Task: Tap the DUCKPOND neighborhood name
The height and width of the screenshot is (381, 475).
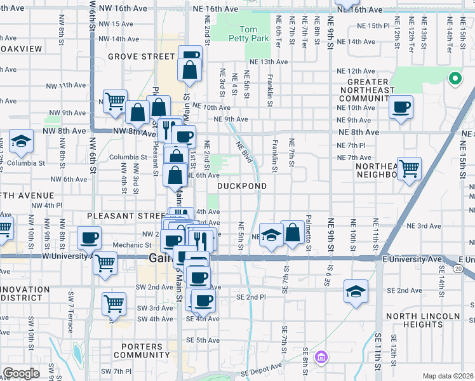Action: click(x=241, y=186)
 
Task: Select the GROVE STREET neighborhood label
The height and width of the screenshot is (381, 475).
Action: click(x=140, y=57)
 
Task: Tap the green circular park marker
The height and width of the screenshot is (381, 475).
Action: click(x=455, y=79)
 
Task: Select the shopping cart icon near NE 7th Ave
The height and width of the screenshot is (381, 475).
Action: click(x=409, y=168)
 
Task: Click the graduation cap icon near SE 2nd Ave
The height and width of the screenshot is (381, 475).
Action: click(x=356, y=290)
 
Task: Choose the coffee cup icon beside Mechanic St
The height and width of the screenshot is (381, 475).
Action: click(x=88, y=237)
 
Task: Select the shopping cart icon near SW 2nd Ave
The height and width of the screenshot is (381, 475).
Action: click(x=114, y=303)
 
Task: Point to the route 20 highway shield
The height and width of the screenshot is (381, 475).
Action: click(x=467, y=269)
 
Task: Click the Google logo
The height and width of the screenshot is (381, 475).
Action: click(x=20, y=373)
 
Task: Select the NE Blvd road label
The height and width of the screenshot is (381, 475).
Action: click(x=245, y=153)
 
